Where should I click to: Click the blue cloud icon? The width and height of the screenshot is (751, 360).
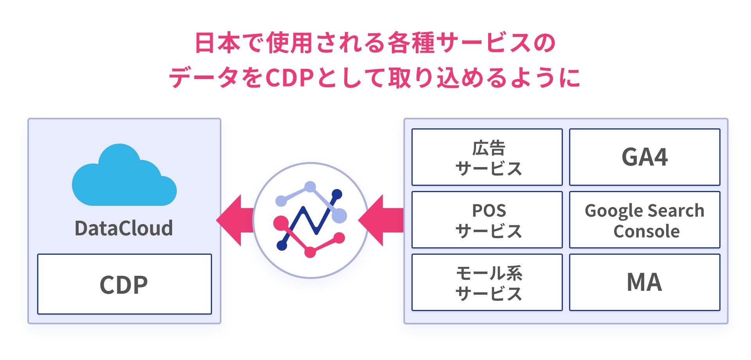pyautogui.click(x=124, y=178)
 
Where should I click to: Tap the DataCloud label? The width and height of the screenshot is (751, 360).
pyautogui.click(x=124, y=229)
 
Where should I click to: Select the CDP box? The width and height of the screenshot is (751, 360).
pyautogui.click(x=124, y=284)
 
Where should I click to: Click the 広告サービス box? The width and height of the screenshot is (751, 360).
pyautogui.click(x=487, y=157)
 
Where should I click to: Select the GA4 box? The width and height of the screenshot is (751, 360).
pyautogui.click(x=645, y=157)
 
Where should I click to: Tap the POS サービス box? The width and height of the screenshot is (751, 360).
pyautogui.click(x=487, y=220)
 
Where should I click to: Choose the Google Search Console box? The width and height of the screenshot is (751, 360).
pyautogui.click(x=645, y=220)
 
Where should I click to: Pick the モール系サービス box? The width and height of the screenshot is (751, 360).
pyautogui.click(x=487, y=283)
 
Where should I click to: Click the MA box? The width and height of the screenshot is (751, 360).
pyautogui.click(x=645, y=283)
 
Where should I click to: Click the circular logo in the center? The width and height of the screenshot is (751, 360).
pyautogui.click(x=311, y=220)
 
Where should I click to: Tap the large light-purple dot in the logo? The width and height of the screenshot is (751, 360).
pyautogui.click(x=340, y=216)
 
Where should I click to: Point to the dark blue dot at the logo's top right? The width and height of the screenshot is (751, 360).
pyautogui.click(x=337, y=194)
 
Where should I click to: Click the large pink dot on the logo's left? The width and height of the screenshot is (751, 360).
pyautogui.click(x=280, y=223)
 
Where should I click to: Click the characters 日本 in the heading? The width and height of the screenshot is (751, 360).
pyautogui.click(x=217, y=43)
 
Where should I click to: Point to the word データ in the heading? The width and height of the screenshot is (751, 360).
pyautogui.click(x=203, y=78)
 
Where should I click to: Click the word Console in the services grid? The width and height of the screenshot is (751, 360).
pyautogui.click(x=646, y=231)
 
